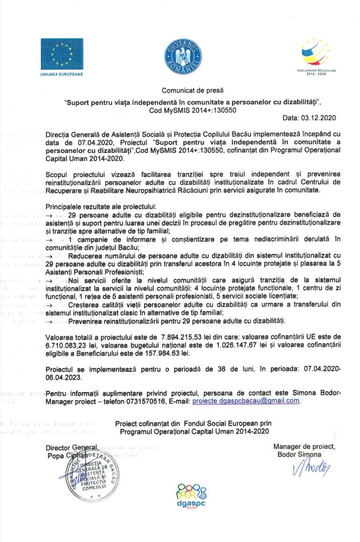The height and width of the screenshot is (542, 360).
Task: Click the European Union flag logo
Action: (x=62, y=53)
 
